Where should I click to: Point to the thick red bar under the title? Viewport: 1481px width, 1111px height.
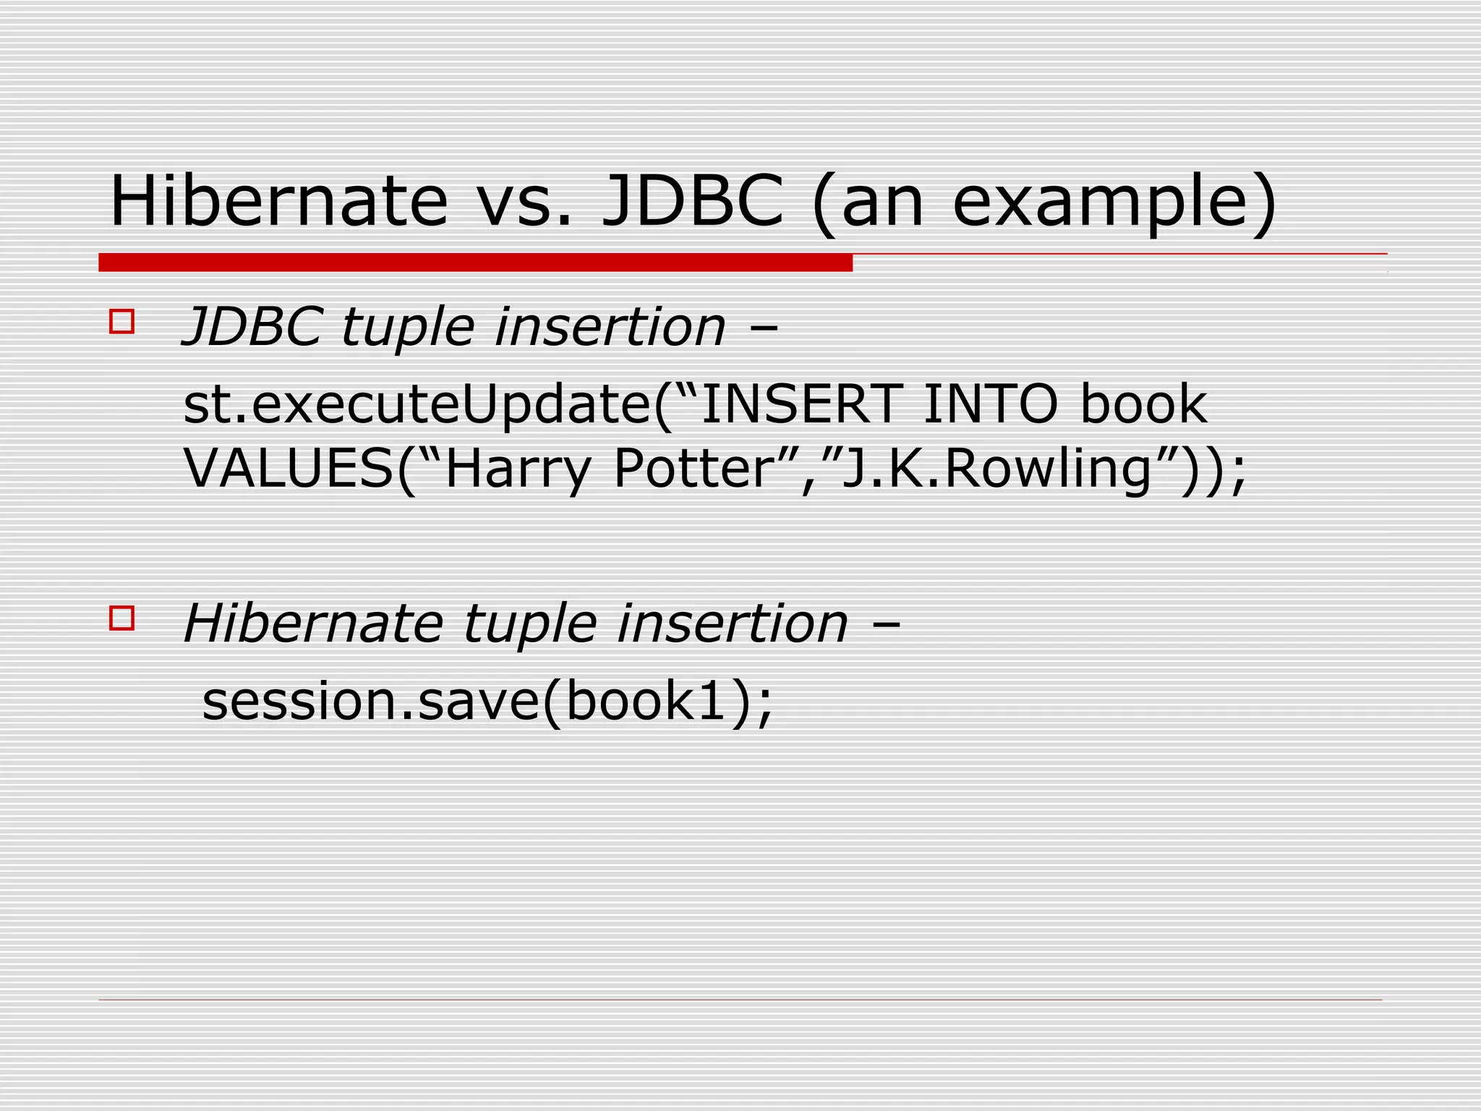(x=475, y=263)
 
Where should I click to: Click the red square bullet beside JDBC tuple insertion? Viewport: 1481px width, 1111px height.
(x=121, y=321)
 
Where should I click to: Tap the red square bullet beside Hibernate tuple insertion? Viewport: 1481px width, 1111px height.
(x=121, y=618)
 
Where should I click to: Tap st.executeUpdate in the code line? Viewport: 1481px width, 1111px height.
(x=417, y=405)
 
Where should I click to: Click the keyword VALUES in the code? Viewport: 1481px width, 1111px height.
(x=289, y=469)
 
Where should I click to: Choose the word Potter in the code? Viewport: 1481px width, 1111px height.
(x=693, y=469)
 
